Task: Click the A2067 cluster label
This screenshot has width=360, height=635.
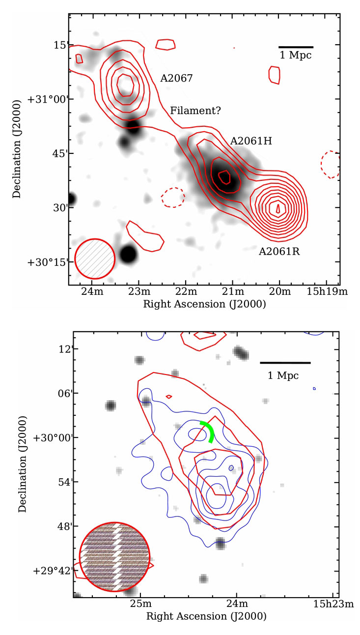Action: (176, 78)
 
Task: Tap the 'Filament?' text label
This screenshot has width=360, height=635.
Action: (195, 111)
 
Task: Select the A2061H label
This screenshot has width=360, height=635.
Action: (251, 142)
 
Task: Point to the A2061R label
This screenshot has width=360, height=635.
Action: (279, 252)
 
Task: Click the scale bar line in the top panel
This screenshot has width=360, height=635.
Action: (296, 47)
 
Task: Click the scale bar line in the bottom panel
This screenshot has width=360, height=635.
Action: (285, 363)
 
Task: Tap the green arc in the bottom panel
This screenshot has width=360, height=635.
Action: (208, 431)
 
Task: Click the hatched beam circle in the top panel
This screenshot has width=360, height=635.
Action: (95, 259)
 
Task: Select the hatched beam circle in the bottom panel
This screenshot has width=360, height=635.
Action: (114, 556)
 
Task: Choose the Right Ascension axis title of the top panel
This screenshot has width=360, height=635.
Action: (204, 304)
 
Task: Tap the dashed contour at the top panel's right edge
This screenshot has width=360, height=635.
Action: (330, 164)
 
